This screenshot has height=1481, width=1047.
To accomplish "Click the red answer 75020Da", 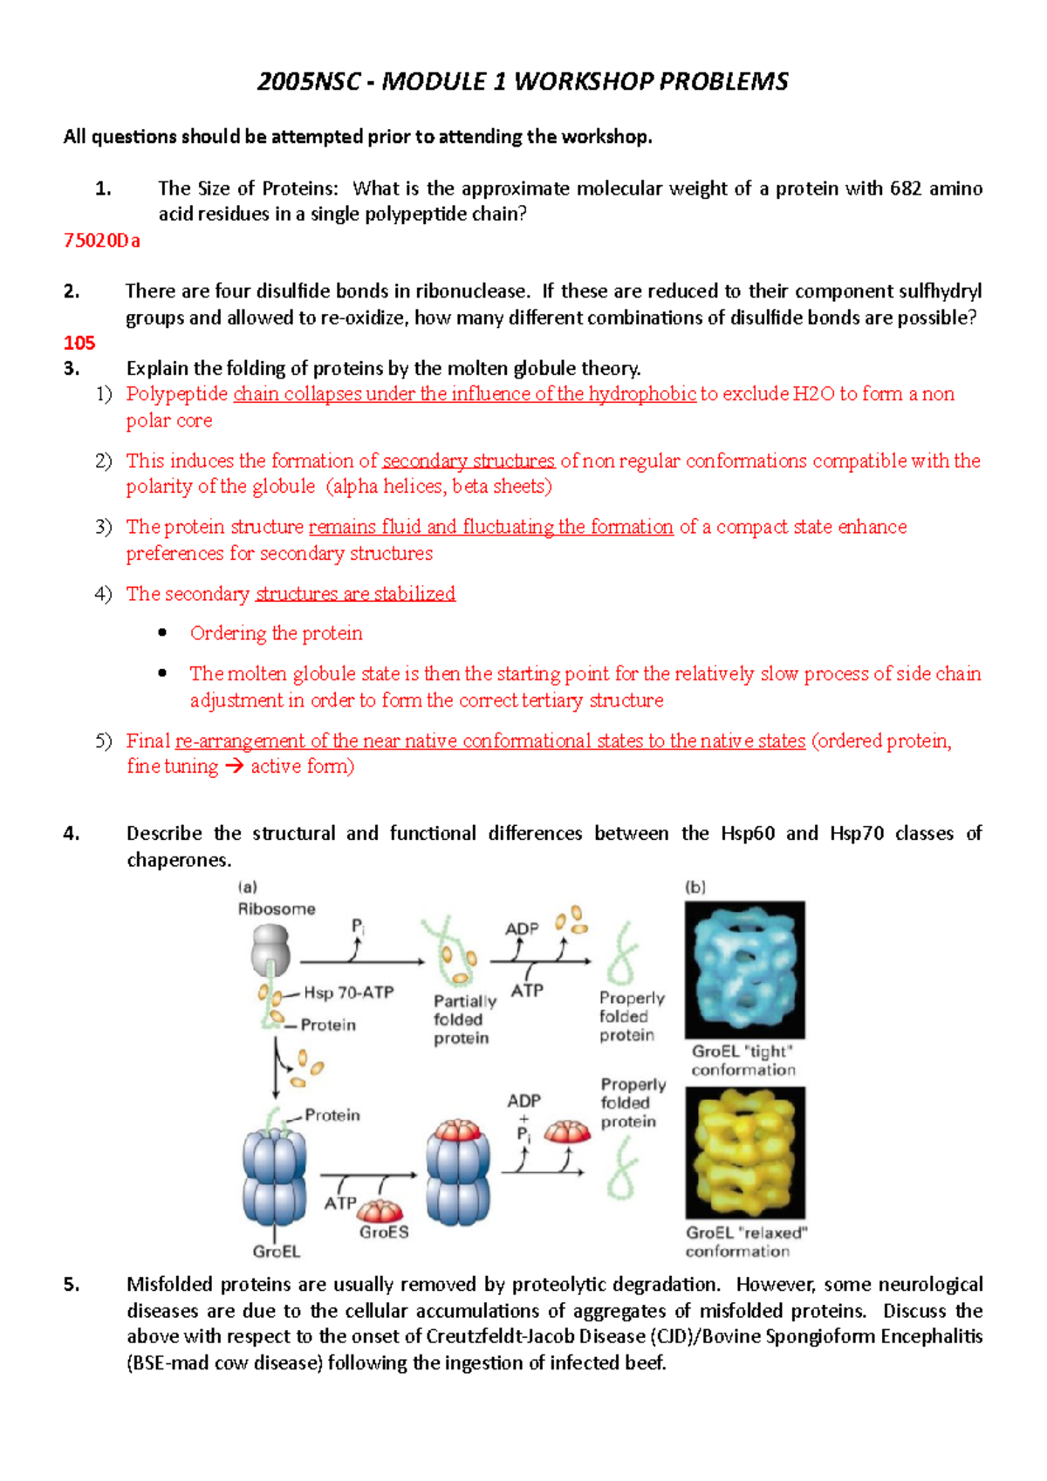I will click(x=101, y=241).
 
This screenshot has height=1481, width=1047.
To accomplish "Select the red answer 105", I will click(x=79, y=343).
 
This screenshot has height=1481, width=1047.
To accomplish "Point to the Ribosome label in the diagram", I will click(x=277, y=909).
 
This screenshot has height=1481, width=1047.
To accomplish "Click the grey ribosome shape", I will click(x=270, y=950).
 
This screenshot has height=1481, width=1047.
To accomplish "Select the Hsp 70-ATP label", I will click(x=348, y=993).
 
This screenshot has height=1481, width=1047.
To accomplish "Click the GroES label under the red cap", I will click(x=384, y=1232).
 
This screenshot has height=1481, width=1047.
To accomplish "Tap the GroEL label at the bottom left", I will click(x=277, y=1252).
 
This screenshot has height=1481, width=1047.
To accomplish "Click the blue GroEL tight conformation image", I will click(x=744, y=969).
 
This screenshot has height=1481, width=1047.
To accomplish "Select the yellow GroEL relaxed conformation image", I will click(x=745, y=1152).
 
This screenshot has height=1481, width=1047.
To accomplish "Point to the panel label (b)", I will click(x=695, y=887).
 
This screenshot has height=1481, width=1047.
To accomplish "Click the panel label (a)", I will click(x=248, y=887).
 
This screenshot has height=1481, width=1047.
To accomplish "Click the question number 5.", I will click(x=71, y=1285).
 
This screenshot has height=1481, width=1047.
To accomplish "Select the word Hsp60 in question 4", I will click(x=748, y=834).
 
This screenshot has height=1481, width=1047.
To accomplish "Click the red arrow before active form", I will click(x=234, y=768).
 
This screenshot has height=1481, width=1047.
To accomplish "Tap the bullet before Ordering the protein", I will click(x=162, y=633).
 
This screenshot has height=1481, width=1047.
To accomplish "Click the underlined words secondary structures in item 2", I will click(x=469, y=461).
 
